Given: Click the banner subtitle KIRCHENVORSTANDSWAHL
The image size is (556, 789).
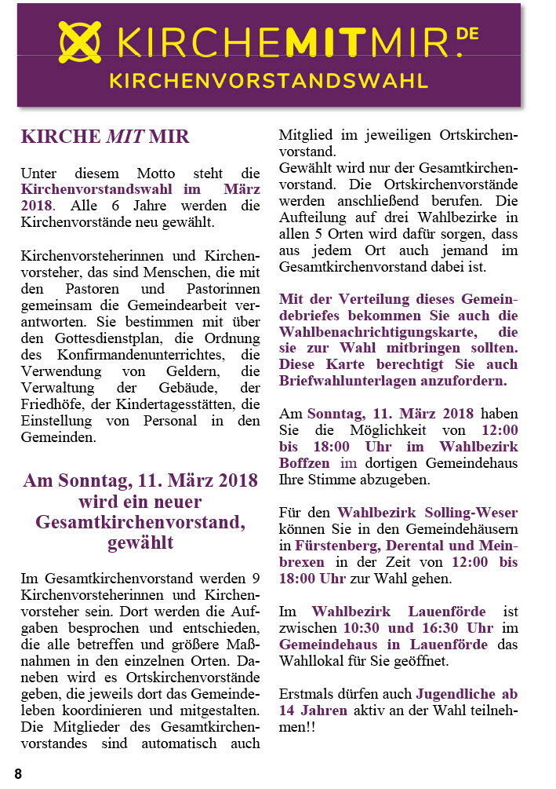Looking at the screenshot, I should (x=268, y=81).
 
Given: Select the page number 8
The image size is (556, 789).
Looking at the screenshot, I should (x=18, y=773).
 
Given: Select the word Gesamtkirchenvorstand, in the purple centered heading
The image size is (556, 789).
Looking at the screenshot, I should (x=133, y=522).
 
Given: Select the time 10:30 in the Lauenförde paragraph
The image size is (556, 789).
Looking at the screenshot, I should (x=364, y=628).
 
